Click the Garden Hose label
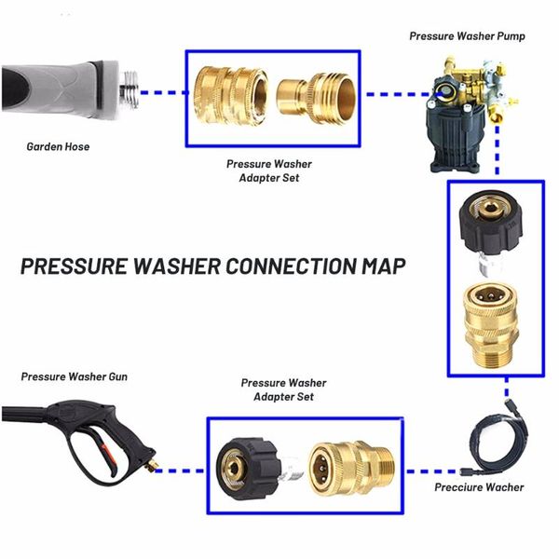click(x=58, y=146)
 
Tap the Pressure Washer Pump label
click(x=467, y=36)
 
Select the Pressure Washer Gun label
click(x=75, y=376)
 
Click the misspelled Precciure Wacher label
click(x=479, y=487)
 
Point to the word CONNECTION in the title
click(x=291, y=266)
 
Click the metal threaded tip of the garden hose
click(x=130, y=89)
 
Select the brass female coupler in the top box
click(x=231, y=95)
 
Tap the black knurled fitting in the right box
click(x=491, y=228)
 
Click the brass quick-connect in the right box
click(x=491, y=324)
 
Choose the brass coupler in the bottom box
click(x=351, y=470)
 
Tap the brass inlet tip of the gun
click(x=154, y=465)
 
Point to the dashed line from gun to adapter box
click(x=180, y=470)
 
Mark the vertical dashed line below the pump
click(x=498, y=150)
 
